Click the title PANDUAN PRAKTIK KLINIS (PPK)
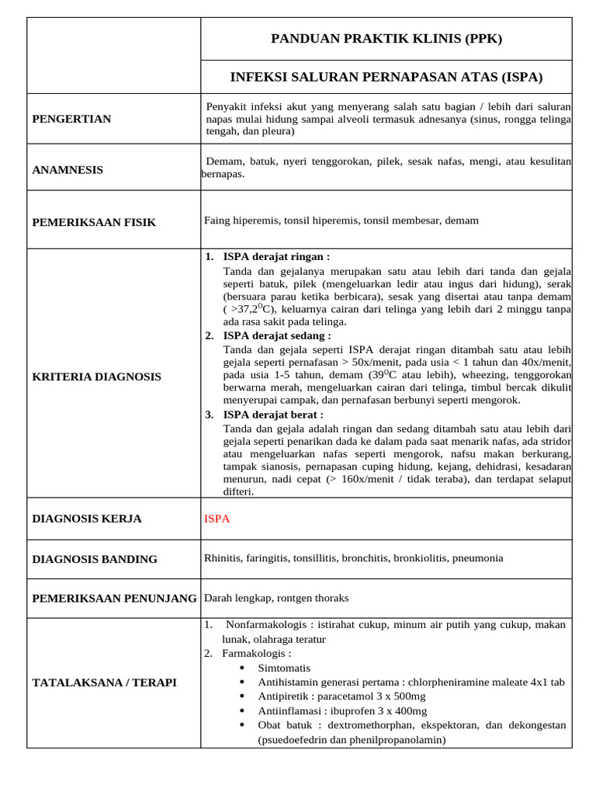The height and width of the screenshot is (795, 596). [x=386, y=39]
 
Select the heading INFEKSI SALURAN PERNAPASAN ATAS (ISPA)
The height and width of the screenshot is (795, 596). [x=386, y=77]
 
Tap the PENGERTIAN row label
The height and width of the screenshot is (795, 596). [x=71, y=119]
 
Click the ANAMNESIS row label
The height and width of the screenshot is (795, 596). [x=68, y=169]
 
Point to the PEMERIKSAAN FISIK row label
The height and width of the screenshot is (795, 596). [x=94, y=222]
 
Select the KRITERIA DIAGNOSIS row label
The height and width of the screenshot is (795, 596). [x=97, y=377]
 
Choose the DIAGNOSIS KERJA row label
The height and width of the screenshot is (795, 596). [x=87, y=519]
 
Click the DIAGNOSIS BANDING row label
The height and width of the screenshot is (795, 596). [x=95, y=559]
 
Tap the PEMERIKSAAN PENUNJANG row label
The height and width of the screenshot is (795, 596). [x=114, y=598]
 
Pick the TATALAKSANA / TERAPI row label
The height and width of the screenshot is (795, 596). [x=104, y=682]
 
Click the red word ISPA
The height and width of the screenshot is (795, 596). [x=217, y=519]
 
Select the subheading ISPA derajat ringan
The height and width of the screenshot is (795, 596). [x=276, y=256]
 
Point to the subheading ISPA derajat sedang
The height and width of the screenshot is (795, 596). [x=277, y=335]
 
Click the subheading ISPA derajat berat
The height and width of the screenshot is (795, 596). [x=273, y=415]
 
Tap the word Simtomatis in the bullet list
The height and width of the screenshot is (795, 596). [x=284, y=668]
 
